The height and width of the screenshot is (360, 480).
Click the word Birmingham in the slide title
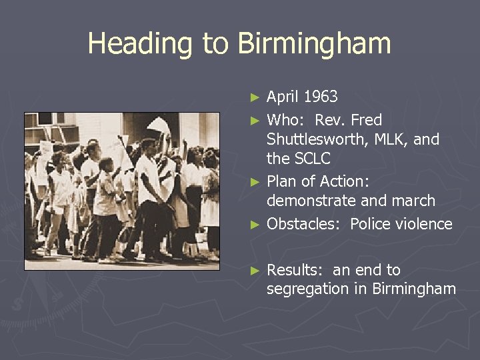coord(313,44)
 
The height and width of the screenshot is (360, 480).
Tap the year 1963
coord(321,97)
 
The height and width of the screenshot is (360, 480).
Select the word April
coord(283,97)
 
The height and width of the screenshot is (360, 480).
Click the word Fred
coord(367,120)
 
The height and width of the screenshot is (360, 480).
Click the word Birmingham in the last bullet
coord(414,289)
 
